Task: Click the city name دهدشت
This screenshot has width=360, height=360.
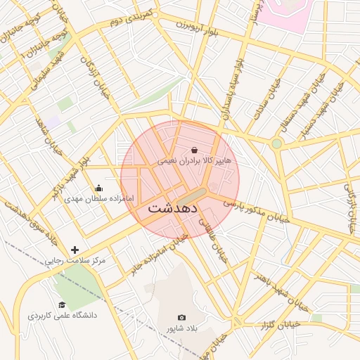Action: [x=174, y=209]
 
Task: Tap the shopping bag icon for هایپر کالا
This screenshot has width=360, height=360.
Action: [x=194, y=150]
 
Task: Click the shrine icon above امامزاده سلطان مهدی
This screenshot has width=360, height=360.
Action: [x=98, y=188]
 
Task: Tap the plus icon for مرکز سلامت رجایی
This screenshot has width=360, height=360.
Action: [x=75, y=250]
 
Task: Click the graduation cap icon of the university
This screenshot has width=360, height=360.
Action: [x=62, y=304]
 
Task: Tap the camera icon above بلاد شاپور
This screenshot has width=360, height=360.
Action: [x=182, y=318]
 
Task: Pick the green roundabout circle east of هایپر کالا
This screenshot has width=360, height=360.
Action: [x=277, y=143]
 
